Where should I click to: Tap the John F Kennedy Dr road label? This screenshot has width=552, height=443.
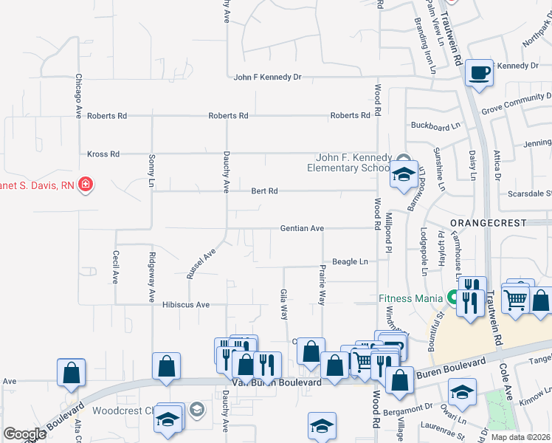[268, 77]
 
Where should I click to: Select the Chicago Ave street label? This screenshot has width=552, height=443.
[77, 97]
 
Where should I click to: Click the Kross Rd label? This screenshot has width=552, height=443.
[103, 154]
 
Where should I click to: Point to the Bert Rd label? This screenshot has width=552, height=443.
[264, 191]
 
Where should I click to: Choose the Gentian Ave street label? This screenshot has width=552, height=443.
[302, 229]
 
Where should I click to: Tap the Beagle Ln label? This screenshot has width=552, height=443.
[350, 262]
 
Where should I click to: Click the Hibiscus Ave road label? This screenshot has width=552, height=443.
[186, 304]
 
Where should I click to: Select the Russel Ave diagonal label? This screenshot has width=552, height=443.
[200, 263]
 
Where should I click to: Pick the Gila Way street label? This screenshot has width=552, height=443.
[284, 304]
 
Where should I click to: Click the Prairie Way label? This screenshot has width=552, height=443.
[322, 286]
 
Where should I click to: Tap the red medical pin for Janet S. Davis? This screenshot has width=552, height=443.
[86, 184]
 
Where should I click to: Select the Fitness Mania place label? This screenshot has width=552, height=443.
[410, 298]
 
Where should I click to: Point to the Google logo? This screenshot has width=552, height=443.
[24, 434]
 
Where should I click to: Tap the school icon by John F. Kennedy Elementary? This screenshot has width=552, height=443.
[404, 175]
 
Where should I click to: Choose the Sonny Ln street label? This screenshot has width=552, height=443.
[152, 170]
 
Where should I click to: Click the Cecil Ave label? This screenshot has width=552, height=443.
[116, 267]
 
